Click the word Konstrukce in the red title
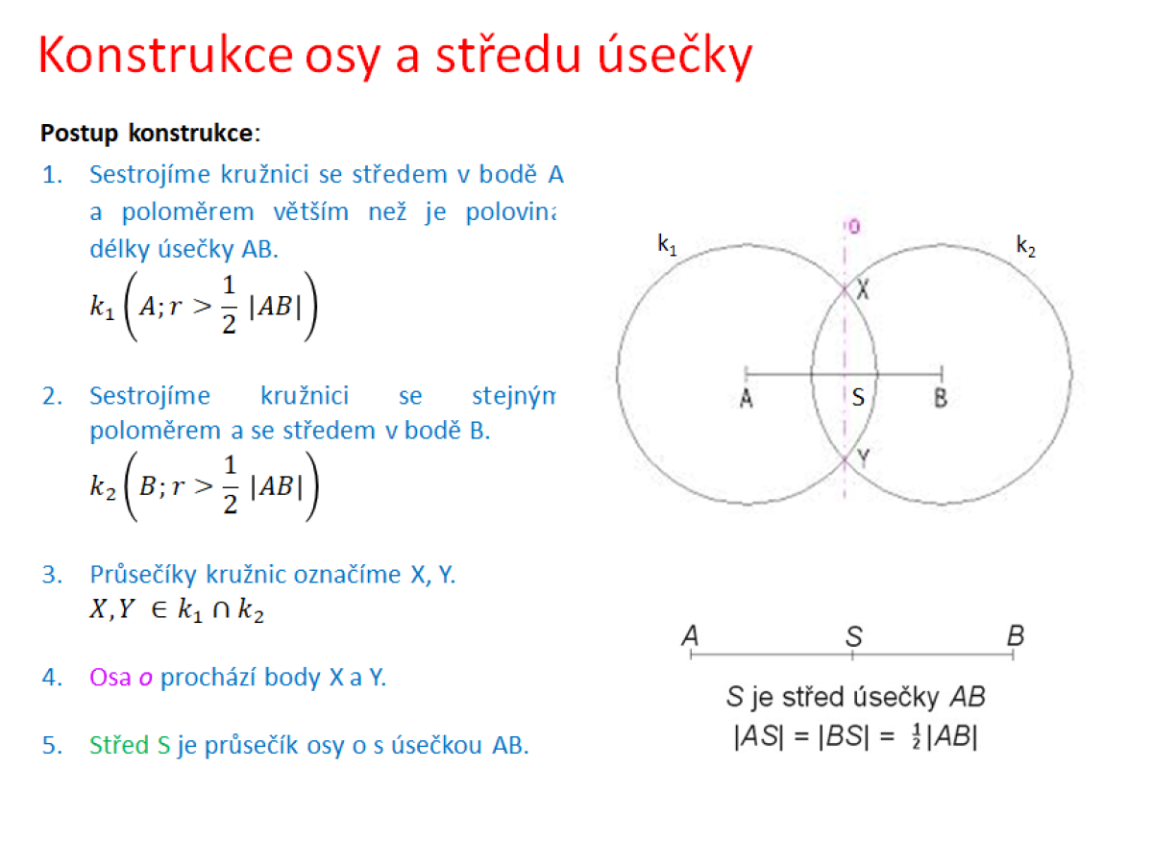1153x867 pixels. (x=165, y=55)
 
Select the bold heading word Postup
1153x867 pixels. (x=80, y=134)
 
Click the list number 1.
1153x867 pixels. (x=52, y=174)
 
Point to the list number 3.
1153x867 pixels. (x=52, y=575)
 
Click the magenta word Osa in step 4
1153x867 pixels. (x=110, y=677)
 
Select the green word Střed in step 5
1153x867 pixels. (x=119, y=745)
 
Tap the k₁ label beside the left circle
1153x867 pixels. (x=667, y=245)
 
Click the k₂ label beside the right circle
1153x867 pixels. (x=1025, y=246)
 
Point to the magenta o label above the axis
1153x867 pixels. (x=854, y=227)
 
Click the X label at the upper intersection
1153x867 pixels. (x=863, y=289)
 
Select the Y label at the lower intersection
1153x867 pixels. (x=863, y=458)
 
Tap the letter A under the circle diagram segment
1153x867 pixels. (x=746, y=398)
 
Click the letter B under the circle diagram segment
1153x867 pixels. (x=941, y=398)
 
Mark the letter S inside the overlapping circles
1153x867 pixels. (x=858, y=397)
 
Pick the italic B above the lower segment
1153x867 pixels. (x=1016, y=635)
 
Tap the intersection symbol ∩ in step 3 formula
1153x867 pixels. (x=221, y=609)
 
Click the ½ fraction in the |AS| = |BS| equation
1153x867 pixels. (x=917, y=736)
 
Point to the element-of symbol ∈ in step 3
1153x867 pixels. (x=159, y=609)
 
